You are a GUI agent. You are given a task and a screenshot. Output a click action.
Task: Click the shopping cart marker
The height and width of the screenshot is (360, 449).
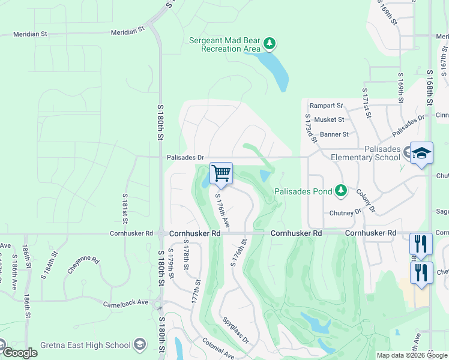221,173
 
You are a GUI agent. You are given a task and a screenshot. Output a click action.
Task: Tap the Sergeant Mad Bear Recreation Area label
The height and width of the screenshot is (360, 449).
224,44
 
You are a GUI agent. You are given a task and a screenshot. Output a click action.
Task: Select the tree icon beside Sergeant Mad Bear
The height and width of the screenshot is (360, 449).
270,43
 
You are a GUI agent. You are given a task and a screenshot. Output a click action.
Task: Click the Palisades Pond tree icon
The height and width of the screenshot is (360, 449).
342,190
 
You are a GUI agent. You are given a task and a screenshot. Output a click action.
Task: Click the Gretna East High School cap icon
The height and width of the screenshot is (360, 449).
140,344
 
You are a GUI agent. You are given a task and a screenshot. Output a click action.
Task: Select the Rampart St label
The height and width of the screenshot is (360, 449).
326,106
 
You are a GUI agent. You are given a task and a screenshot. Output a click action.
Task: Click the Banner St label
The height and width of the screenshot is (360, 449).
334,134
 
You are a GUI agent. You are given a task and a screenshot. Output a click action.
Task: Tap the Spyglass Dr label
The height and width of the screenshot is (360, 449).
235,331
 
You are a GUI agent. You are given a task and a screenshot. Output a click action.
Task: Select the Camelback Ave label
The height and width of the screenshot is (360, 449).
125,304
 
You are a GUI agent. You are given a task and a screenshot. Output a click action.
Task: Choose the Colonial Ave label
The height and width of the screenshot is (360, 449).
218,350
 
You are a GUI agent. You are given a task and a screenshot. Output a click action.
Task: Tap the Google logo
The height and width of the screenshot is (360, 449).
20,353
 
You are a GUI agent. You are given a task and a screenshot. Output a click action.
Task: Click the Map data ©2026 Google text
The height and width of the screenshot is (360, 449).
411,355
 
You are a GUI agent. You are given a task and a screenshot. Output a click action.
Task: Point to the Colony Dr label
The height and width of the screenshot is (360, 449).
365,201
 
